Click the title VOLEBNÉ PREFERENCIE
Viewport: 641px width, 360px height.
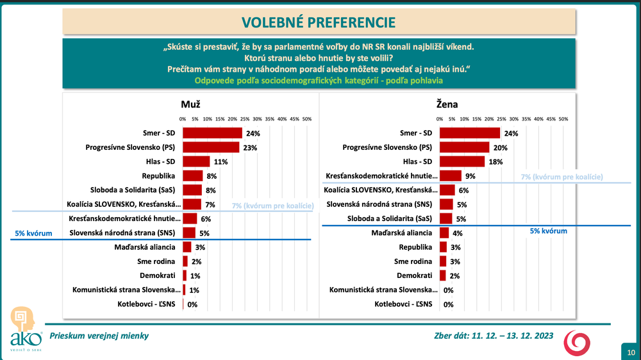point(319,22)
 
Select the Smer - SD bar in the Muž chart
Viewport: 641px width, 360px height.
point(212,133)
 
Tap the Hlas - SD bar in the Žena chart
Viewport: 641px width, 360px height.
point(462,161)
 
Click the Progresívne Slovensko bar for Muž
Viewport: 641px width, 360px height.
point(211,147)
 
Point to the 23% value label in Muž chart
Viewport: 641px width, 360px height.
point(247,147)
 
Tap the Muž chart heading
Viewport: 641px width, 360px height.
point(191,104)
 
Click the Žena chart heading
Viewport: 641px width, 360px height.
point(447,104)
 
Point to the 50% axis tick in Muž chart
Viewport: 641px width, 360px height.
point(306,119)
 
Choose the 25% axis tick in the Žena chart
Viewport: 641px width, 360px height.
point(501,119)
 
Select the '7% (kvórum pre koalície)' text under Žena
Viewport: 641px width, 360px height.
point(563,176)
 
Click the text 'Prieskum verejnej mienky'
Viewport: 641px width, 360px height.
point(99,336)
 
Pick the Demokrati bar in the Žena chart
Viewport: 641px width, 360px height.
point(442,275)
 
